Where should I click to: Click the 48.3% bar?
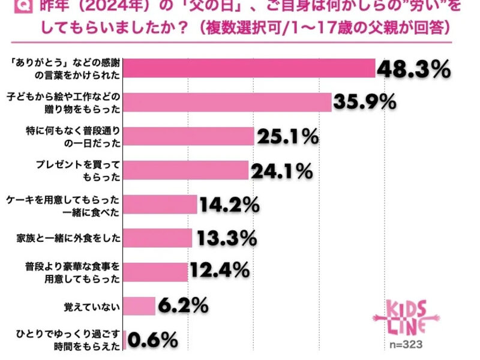(x=249, y=68)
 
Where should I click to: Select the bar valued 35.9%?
(x=227, y=103)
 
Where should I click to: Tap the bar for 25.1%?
(x=188, y=137)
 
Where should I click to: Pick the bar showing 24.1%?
(x=185, y=170)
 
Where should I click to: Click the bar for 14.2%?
(x=160, y=205)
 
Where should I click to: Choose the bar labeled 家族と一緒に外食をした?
(x=157, y=238)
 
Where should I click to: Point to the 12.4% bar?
(x=155, y=272)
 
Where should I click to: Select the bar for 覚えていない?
(x=139, y=306)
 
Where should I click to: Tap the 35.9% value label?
(x=364, y=103)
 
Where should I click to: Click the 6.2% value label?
(x=183, y=306)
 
